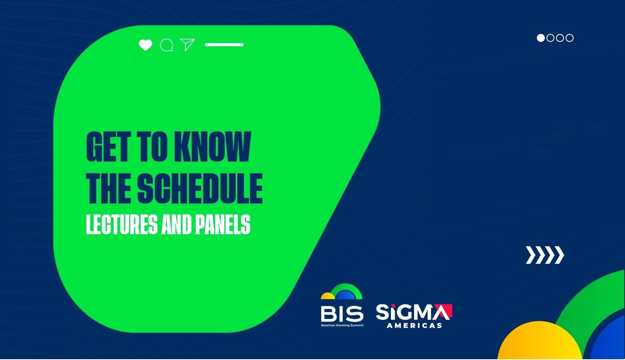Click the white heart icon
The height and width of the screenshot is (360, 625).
145,45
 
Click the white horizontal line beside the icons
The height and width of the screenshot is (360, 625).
224,45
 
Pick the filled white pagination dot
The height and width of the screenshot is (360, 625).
541,38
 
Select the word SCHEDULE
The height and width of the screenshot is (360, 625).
200,188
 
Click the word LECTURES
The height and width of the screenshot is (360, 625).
122,224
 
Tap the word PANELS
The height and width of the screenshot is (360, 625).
223,224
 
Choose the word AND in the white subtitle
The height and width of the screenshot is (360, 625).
176,224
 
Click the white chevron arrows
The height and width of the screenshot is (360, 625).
545,255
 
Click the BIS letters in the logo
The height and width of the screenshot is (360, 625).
342,314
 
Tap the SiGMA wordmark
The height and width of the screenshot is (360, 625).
414,313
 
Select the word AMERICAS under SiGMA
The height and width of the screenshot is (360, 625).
414,325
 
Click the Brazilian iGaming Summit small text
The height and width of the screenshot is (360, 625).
342,325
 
